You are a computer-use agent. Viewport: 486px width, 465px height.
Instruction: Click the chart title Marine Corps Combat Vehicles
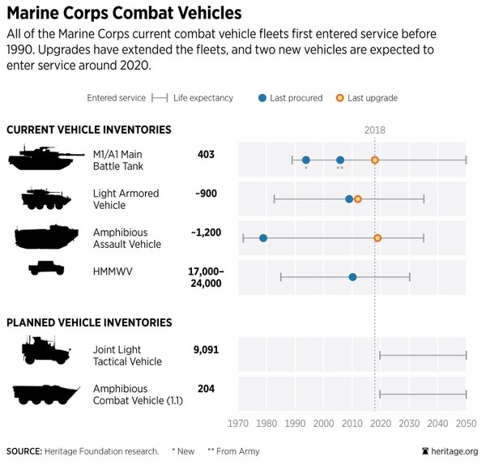point(124,14)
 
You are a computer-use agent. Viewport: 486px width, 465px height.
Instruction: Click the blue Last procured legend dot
point(262,98)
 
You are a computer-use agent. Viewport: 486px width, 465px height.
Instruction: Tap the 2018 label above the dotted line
point(375,130)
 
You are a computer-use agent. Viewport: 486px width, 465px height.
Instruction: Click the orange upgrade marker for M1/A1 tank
point(375,160)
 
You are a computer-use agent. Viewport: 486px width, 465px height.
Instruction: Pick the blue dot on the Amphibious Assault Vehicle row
point(263,238)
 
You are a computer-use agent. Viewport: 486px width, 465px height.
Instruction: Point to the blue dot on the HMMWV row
point(352,277)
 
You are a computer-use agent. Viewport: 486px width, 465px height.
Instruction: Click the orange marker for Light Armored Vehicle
point(358,199)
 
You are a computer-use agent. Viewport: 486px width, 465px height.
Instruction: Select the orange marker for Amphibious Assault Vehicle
point(377,238)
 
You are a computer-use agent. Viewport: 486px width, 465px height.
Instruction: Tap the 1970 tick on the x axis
point(238,423)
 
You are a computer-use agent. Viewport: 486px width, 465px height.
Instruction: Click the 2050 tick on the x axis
point(466,423)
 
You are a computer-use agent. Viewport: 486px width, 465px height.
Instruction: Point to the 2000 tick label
point(323,423)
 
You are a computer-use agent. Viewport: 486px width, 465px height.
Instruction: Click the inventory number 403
point(206,154)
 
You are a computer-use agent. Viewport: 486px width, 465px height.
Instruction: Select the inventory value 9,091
point(206,350)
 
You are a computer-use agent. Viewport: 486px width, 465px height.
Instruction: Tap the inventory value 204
point(206,389)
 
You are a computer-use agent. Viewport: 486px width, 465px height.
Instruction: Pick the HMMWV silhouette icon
point(46,267)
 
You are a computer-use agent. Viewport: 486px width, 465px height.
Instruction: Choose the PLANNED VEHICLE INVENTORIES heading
point(89,322)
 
